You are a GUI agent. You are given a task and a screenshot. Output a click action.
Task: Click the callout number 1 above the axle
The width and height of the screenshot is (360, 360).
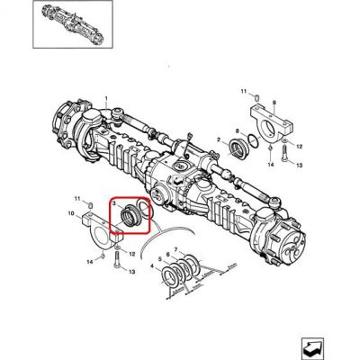pos(106,98)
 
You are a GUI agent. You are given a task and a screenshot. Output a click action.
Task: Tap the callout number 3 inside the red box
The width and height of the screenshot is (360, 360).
pos(114,203)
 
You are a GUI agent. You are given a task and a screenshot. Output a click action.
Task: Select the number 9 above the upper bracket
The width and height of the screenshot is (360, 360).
pos(274,103)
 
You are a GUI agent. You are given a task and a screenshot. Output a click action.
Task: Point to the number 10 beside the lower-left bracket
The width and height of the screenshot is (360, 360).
pos(71,213)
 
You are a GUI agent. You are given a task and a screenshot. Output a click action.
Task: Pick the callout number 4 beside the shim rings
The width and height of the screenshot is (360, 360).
pos(152,265)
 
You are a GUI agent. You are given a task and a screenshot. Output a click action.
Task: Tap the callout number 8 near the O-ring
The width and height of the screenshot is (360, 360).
pos(237,131)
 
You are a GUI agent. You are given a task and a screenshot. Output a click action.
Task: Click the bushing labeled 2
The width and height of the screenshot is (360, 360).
pos(238,148)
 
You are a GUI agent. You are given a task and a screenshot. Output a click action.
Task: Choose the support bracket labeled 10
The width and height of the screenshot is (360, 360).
pos(102,231)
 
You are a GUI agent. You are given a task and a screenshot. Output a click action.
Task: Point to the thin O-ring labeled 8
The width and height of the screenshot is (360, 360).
pos(255,140)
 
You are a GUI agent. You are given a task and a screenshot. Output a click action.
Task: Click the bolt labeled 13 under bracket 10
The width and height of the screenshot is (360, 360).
pos(117,259)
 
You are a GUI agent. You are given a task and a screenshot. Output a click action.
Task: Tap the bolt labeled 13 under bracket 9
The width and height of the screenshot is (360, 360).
pos(284,153)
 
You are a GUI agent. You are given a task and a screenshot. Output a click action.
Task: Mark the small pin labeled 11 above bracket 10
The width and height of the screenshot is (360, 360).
pos(90,205)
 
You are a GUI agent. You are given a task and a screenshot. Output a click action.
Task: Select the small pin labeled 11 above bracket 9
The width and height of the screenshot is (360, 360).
pos(256,97)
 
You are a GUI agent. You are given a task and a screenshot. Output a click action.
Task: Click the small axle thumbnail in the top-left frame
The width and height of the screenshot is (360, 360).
pos(72,23)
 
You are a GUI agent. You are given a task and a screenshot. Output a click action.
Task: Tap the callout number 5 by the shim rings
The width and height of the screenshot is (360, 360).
pos(160,259)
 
